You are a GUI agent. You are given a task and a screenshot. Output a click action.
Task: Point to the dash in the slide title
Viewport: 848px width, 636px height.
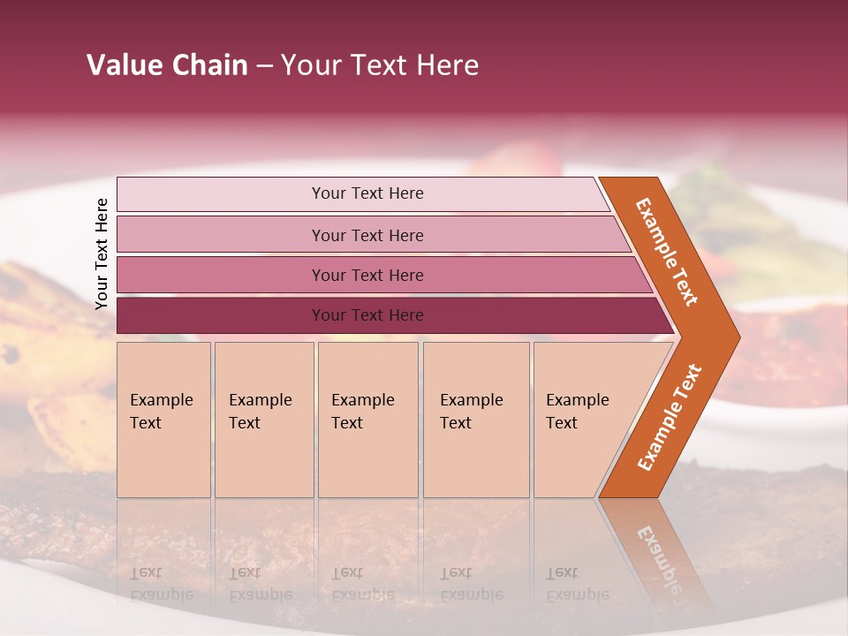tap(264, 66)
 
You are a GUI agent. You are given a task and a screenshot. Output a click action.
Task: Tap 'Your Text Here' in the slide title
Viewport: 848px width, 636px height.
tap(380, 65)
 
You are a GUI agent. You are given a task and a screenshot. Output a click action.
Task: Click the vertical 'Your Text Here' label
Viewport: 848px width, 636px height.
tap(102, 254)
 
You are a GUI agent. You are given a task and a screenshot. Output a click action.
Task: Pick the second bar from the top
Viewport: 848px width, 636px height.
tap(367, 235)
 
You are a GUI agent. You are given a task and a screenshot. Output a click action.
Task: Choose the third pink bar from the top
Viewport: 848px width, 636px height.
tap(367, 275)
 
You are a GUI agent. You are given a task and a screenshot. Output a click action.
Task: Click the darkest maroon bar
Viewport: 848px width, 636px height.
tap(367, 315)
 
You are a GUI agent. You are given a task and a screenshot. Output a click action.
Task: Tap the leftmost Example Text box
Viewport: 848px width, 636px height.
tap(163, 420)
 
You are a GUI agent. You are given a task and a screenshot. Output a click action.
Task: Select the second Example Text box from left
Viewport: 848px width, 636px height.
tap(264, 420)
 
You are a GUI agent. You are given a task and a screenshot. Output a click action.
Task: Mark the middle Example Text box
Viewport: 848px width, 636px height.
tap(367, 420)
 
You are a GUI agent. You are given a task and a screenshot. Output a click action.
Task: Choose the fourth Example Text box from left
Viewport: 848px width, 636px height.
tap(476, 420)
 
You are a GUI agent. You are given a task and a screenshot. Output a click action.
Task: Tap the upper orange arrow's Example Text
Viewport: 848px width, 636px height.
tap(667, 252)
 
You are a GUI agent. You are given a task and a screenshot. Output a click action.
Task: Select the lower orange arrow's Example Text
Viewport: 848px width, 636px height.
tap(670, 418)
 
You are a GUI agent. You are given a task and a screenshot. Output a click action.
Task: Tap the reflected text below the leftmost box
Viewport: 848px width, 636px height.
tap(162, 584)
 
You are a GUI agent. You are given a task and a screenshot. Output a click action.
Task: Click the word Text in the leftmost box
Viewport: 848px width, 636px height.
tap(146, 423)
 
